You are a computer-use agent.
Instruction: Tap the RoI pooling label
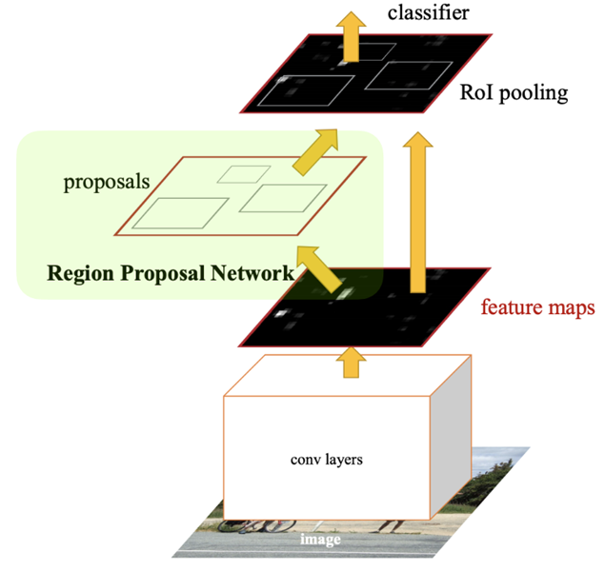click(x=514, y=93)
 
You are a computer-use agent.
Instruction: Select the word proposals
click(x=106, y=182)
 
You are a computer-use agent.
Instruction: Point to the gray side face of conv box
click(x=452, y=437)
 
